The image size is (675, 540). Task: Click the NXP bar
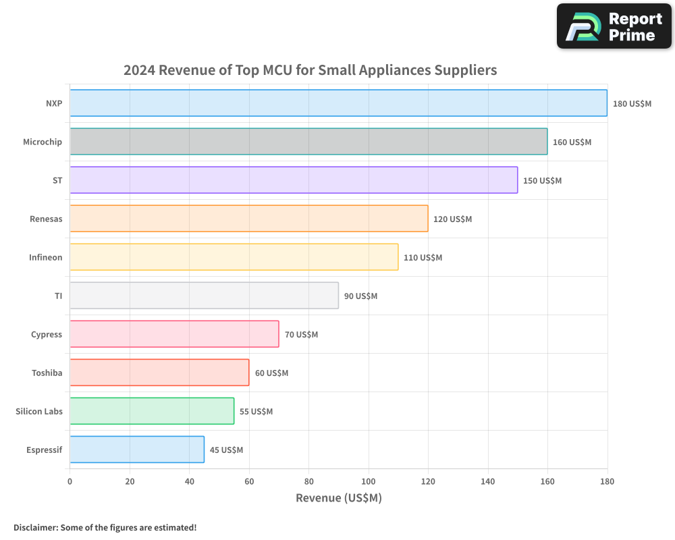tap(338, 103)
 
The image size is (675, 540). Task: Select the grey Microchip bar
tap(308, 142)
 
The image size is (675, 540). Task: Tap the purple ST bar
tap(294, 180)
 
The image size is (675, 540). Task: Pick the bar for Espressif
tap(137, 450)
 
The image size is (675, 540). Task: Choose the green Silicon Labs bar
tap(152, 411)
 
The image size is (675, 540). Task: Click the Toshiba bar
tap(159, 373)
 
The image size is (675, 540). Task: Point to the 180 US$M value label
tap(632, 104)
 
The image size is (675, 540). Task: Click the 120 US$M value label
tap(452, 219)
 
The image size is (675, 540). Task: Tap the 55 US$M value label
tap(256, 412)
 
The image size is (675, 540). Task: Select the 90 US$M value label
tap(360, 296)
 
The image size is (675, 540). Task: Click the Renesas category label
tap(46, 219)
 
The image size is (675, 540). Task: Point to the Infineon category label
tap(45, 257)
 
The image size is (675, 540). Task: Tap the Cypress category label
tap(47, 334)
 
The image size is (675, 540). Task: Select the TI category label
tap(58, 296)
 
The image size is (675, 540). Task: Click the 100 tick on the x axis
tap(369, 481)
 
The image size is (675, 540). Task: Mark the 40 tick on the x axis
tap(189, 481)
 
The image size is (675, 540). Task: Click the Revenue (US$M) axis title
tap(338, 498)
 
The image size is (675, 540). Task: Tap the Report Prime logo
tap(614, 26)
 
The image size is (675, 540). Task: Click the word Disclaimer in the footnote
tap(35, 527)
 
